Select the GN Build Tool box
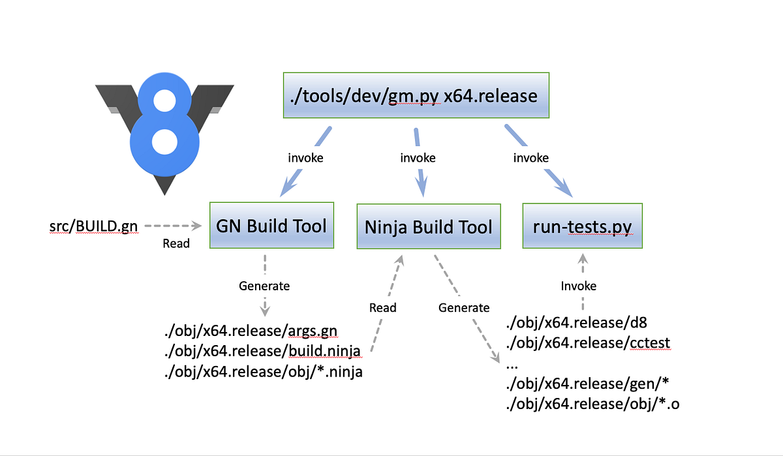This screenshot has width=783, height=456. coord(271,226)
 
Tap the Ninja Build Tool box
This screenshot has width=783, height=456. coord(429,227)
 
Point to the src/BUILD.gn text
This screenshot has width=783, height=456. coord(93,226)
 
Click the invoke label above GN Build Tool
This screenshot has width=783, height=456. coord(305,158)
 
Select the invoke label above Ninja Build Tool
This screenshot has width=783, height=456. coord(418,158)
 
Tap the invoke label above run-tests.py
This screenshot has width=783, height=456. coord(530,158)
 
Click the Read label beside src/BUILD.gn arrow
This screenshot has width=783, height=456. coord(176,243)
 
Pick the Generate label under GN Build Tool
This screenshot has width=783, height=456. coord(264,286)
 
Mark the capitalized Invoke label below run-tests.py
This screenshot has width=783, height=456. coord(579,286)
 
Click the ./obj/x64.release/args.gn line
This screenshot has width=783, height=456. coord(251,331)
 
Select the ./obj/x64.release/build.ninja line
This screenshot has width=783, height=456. coord(262,352)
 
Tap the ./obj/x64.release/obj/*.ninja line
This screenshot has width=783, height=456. coord(265,372)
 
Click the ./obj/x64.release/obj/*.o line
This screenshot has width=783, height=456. coord(592,404)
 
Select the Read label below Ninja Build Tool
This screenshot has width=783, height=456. coord(382,307)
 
